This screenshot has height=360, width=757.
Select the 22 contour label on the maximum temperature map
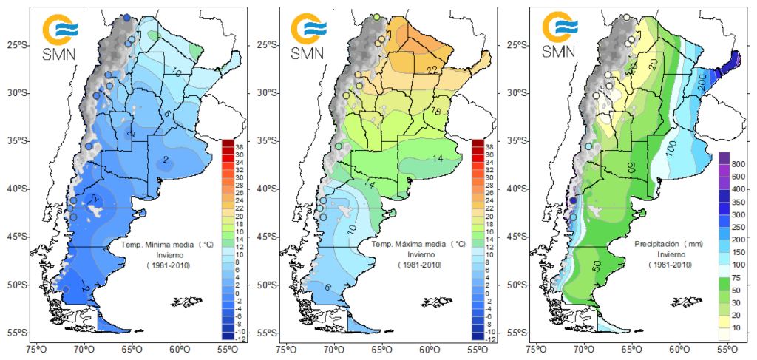(x=433, y=69)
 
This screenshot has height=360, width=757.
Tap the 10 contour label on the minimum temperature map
(x=177, y=72)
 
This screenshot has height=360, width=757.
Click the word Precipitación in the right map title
(x=655, y=242)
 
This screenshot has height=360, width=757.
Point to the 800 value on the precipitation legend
(x=739, y=163)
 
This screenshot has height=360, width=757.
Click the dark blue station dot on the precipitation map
(x=573, y=200)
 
